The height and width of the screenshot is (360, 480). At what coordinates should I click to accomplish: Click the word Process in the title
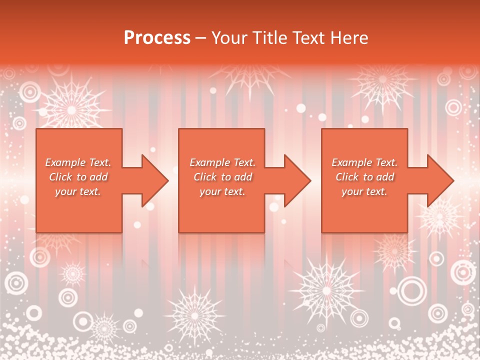coord(157,37)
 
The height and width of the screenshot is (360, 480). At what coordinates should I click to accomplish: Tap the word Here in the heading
coord(350,37)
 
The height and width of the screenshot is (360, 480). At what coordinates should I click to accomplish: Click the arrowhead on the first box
coord(154,180)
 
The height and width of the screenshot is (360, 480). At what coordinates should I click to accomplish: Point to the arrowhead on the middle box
coord(296,180)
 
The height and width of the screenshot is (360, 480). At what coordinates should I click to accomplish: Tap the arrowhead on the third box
coord(439,180)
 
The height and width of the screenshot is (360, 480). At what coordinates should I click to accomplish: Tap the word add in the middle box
coord(243,177)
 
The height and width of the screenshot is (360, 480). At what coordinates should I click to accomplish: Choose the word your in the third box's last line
coord(352,191)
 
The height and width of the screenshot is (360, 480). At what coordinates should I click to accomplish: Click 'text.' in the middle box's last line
coord(234,191)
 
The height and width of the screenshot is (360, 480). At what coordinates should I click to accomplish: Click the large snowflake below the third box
coord(326,290)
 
